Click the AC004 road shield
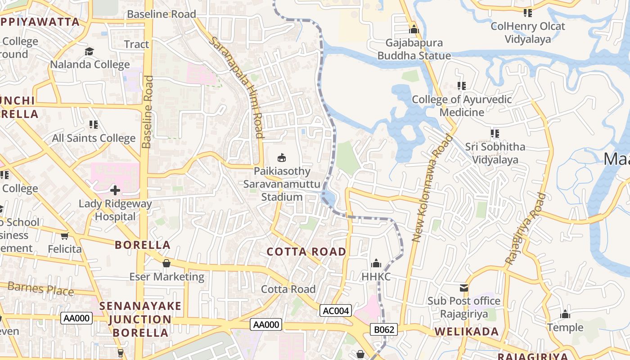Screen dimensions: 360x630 coord(336,310)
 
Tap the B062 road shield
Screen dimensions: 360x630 coord(384,329)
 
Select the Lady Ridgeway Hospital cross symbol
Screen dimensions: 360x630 coord(115,190)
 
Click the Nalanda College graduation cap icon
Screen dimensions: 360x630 coord(90,51)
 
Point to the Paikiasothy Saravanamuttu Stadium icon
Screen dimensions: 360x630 coord(282,157)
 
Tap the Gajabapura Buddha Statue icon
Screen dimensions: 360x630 coord(414,30)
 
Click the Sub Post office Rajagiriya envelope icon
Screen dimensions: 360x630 coord(464,288)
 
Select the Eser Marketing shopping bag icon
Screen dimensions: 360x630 coord(166,263)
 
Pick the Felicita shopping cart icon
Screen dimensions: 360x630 coord(65,236)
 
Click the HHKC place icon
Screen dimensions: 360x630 coord(376,263)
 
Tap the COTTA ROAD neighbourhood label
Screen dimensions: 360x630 coord(306,252)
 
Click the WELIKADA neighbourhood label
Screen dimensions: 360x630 coord(467,332)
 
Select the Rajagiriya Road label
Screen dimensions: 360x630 coord(526,229)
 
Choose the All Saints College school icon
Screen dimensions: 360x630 coord(94,125)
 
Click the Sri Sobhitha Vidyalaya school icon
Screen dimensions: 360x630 coord(495,134)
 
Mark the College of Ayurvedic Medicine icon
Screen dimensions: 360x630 coord(462,85)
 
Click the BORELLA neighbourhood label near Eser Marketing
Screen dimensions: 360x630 coord(143,245)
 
